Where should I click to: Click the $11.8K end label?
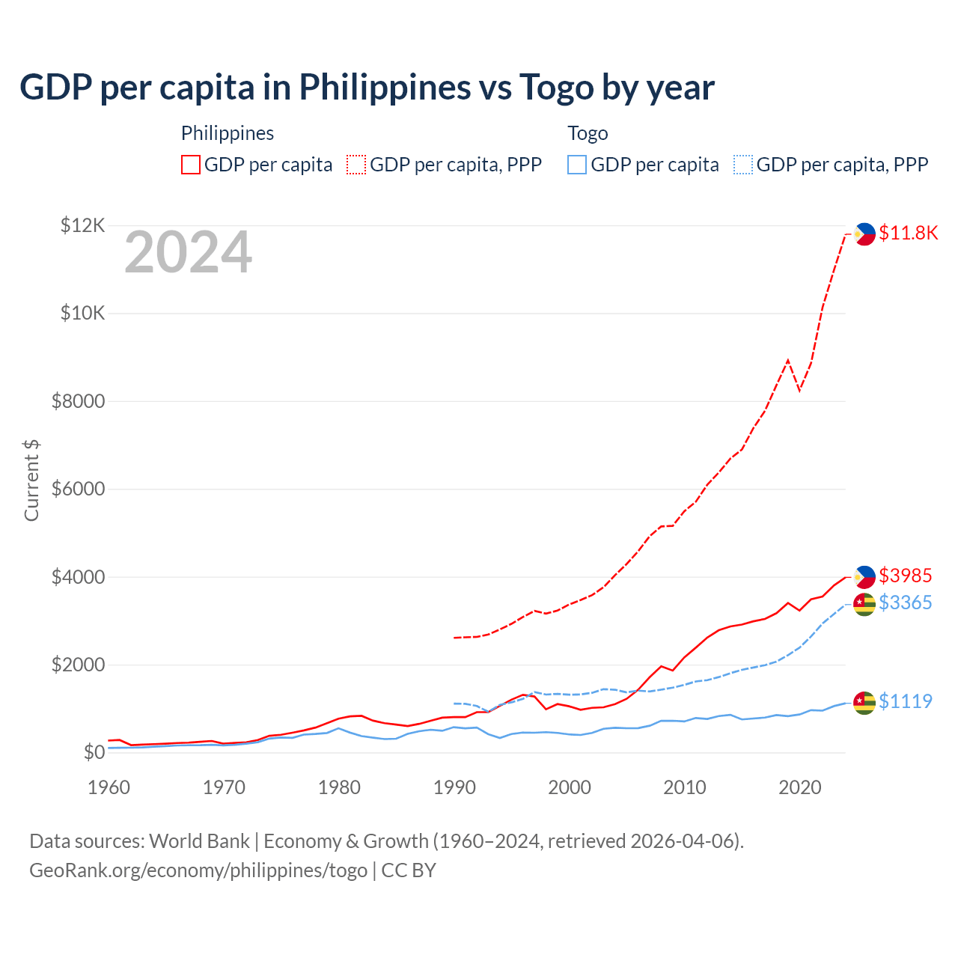908,233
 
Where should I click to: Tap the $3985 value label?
905,576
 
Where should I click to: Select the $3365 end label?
905,602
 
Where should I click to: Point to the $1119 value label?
905,701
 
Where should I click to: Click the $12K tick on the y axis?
83,225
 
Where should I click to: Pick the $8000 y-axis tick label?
78,401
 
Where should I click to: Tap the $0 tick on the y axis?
94,752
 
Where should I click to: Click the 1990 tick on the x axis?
454,787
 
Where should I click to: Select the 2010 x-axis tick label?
685,787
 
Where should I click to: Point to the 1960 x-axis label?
109,787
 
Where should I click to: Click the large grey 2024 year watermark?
188,253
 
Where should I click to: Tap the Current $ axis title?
31,480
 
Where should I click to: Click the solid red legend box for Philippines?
191,165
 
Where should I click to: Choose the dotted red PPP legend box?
357,165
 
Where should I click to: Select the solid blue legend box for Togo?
577,165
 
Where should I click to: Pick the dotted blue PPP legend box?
743,165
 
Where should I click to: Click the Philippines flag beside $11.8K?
864,234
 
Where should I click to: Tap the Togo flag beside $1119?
864,702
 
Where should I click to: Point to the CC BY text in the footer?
409,870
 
